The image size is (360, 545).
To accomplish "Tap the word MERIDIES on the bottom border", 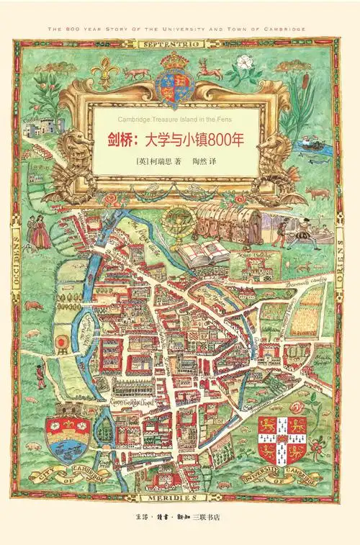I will pyautogui.click(x=181, y=497).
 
